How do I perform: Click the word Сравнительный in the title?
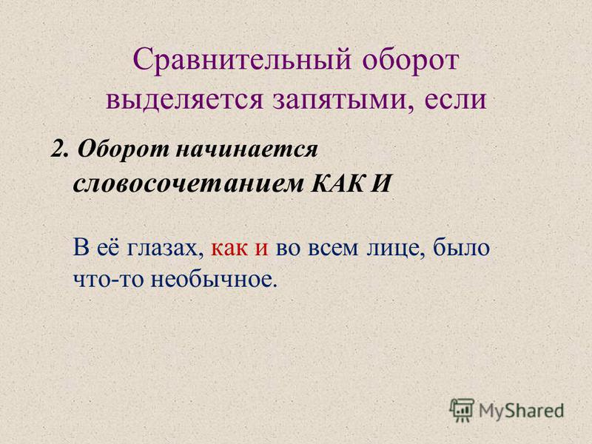pyautogui.click(x=242, y=60)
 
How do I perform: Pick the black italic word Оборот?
pyautogui.click(x=124, y=149)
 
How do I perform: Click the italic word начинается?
pyautogui.click(x=246, y=151)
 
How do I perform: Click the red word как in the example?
pyautogui.click(x=229, y=249)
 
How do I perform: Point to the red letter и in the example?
pyautogui.click(x=261, y=249)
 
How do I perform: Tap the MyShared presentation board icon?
pyautogui.click(x=462, y=410)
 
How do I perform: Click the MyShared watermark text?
pyautogui.click(x=521, y=411)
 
